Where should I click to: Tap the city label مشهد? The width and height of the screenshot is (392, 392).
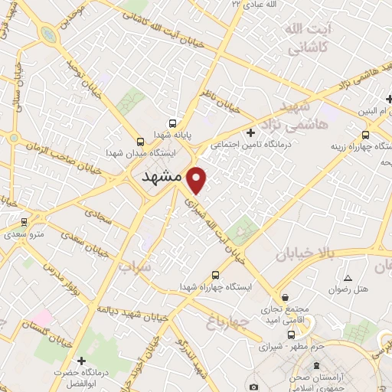pos(161,176)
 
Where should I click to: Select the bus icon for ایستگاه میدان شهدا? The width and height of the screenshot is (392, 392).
pos(140,141)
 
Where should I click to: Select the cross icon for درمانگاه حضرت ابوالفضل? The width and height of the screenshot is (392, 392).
pos(81,359)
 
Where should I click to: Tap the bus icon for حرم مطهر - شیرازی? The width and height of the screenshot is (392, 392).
pos(291,335)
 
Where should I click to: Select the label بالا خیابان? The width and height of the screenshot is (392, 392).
pos(305,254)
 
